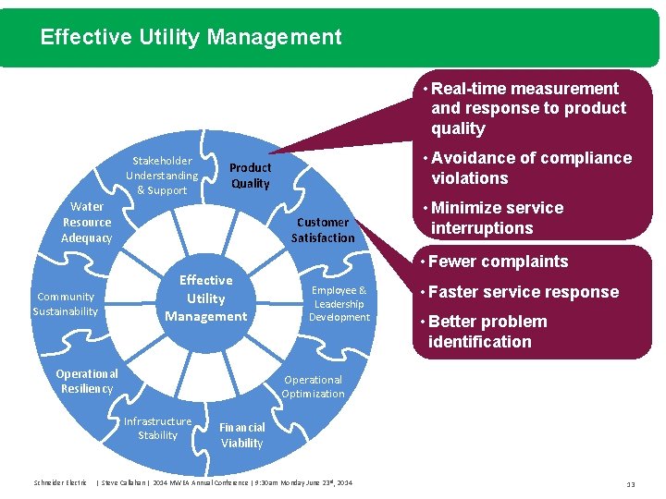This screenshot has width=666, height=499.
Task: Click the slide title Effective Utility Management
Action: [x=191, y=38]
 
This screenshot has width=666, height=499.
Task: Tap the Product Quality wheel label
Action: [x=250, y=176]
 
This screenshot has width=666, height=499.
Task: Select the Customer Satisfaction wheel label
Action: [x=323, y=230]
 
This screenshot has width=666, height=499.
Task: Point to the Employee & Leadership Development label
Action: [x=339, y=304]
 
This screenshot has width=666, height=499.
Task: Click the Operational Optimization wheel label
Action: [x=313, y=386]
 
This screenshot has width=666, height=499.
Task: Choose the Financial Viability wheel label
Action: [x=241, y=435]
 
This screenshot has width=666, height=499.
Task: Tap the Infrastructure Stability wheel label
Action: [x=158, y=429]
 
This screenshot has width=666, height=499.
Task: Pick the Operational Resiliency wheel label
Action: [x=87, y=381]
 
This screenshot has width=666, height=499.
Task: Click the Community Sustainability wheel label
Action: [x=65, y=304]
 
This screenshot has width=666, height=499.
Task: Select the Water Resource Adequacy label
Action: [x=87, y=223]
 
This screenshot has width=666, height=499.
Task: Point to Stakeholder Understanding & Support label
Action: [x=162, y=176]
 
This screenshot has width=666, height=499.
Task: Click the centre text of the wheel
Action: [x=205, y=298]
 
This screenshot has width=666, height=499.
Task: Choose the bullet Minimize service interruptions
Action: [x=496, y=218]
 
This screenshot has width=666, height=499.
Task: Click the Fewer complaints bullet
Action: [x=498, y=262]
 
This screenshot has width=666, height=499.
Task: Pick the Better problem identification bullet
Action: [x=487, y=332]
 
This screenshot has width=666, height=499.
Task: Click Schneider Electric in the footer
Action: [x=60, y=482]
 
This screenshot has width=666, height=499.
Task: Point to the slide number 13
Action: [x=630, y=483]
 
